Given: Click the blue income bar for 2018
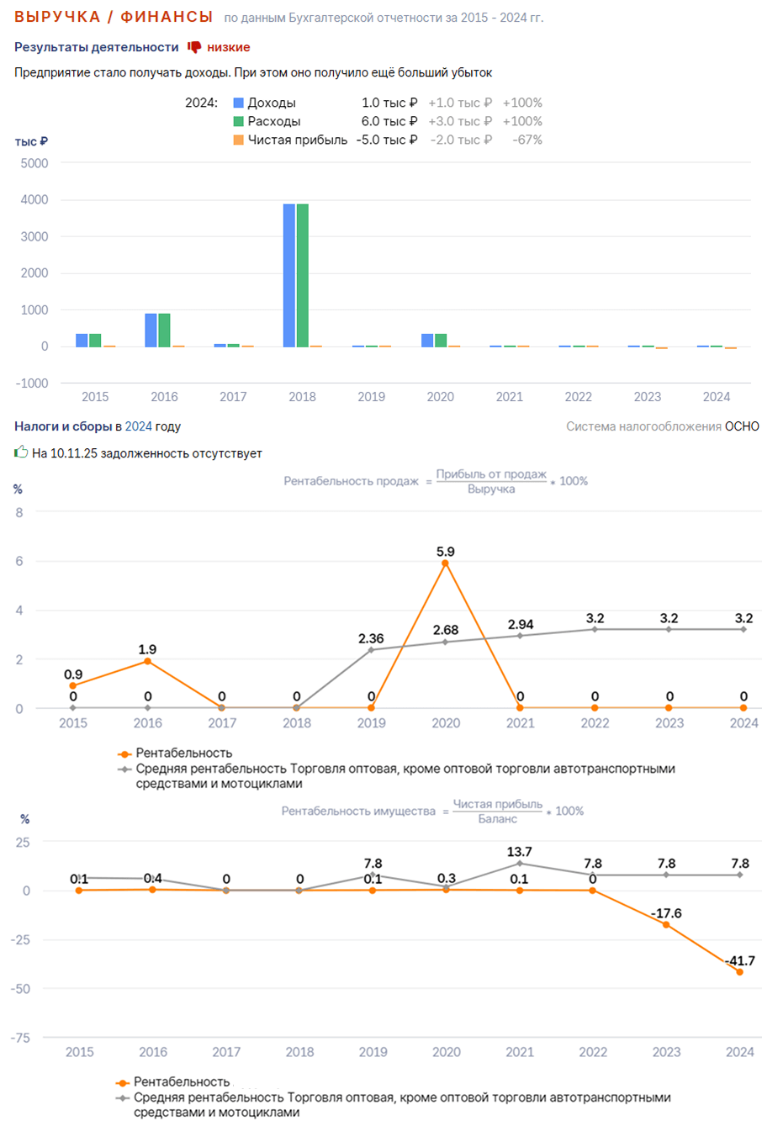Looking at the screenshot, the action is (x=288, y=275).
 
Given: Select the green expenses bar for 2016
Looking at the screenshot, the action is (x=164, y=330).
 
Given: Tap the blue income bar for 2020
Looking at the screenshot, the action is (x=427, y=341).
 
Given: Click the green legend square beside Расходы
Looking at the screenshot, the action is (x=238, y=121).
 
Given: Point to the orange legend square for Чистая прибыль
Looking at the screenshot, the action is (x=238, y=140).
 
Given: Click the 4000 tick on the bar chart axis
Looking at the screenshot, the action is (x=34, y=199).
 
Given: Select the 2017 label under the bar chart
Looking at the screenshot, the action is (x=233, y=397).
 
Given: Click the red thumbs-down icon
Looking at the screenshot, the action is (x=194, y=47).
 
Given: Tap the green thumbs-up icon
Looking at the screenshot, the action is (x=21, y=452).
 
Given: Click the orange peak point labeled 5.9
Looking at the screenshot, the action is (x=445, y=563).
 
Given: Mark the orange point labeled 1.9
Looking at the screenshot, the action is (x=147, y=661).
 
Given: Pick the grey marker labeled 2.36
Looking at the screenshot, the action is (x=371, y=650).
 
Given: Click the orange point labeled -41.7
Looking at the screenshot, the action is (x=740, y=972).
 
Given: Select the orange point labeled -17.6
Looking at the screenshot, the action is (x=666, y=925).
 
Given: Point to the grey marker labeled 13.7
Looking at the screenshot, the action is (x=519, y=864).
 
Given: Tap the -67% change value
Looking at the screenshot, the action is (x=527, y=140).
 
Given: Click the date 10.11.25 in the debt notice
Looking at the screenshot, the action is (x=74, y=453).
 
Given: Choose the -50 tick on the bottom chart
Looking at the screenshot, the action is (x=20, y=989).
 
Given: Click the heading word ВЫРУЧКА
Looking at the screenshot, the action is (x=57, y=17).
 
